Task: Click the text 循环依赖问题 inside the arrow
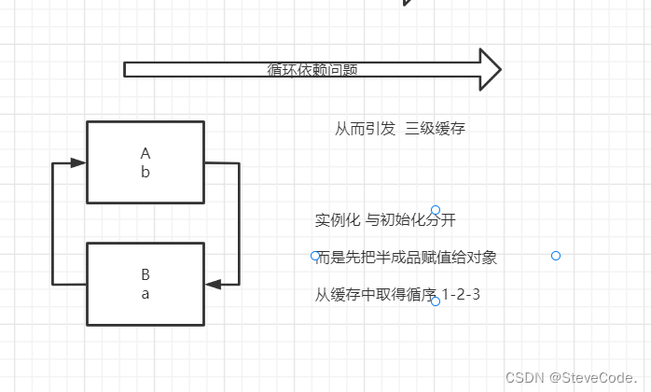click(312, 69)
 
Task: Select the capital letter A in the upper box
click(145, 153)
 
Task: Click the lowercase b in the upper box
click(145, 172)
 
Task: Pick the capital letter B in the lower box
click(145, 274)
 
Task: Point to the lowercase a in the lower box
click(145, 293)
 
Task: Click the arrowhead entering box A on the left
click(78, 162)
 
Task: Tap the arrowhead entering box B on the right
click(213, 284)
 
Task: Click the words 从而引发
click(365, 129)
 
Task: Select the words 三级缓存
click(436, 129)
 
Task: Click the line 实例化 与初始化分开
click(384, 220)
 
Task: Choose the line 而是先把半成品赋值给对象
click(407, 258)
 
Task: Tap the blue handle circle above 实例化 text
click(436, 210)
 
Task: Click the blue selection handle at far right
click(556, 256)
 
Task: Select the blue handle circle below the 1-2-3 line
click(436, 301)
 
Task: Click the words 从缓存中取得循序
click(376, 295)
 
